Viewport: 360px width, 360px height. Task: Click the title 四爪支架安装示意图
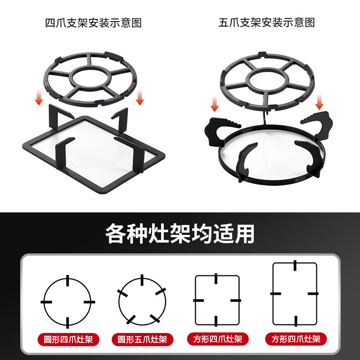pos(93,22)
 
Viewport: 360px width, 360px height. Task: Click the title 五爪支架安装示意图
pos(266,22)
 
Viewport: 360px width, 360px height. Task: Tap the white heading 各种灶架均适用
pos(180,234)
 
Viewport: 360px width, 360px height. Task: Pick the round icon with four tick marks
pos(67,301)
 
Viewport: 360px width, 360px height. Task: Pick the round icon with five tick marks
pos(142,301)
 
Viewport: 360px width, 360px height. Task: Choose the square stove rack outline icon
pos(217,300)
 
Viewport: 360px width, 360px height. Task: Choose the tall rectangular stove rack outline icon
pos(295,293)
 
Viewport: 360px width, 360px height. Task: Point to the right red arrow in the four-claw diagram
pos(140,97)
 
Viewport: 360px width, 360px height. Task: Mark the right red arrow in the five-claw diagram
pos(319,103)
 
